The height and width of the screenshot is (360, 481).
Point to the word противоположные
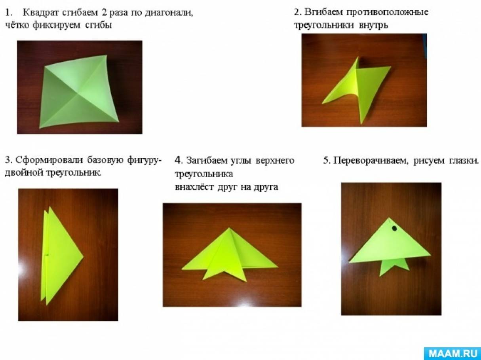387,12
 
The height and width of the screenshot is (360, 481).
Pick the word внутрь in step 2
373,25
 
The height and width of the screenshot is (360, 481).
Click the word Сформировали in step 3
49,160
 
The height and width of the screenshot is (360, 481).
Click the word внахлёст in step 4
194,187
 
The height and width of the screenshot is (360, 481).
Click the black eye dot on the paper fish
394,229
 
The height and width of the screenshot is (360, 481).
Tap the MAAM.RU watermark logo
452,353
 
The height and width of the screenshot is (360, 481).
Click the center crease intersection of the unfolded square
77,95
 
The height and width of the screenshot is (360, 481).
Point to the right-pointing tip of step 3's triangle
83,256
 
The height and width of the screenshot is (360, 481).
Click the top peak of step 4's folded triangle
229,228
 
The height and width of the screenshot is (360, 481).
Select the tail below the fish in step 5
394,267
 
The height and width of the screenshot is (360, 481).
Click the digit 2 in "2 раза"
104,13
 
